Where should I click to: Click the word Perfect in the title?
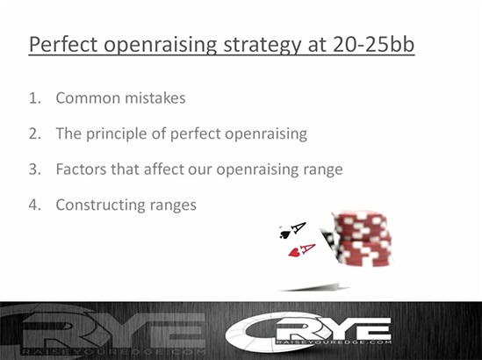point(63,44)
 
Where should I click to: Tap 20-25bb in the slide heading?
point(373,44)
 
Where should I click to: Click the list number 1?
point(35,98)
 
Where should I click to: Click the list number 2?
point(35,133)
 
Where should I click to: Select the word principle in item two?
point(121,134)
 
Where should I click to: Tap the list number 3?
point(35,169)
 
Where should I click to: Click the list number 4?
point(35,205)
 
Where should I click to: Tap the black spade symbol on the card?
point(284,234)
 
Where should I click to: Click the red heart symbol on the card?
point(294,252)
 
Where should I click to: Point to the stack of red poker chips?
point(362,238)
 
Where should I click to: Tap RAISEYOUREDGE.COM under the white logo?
point(334,342)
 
